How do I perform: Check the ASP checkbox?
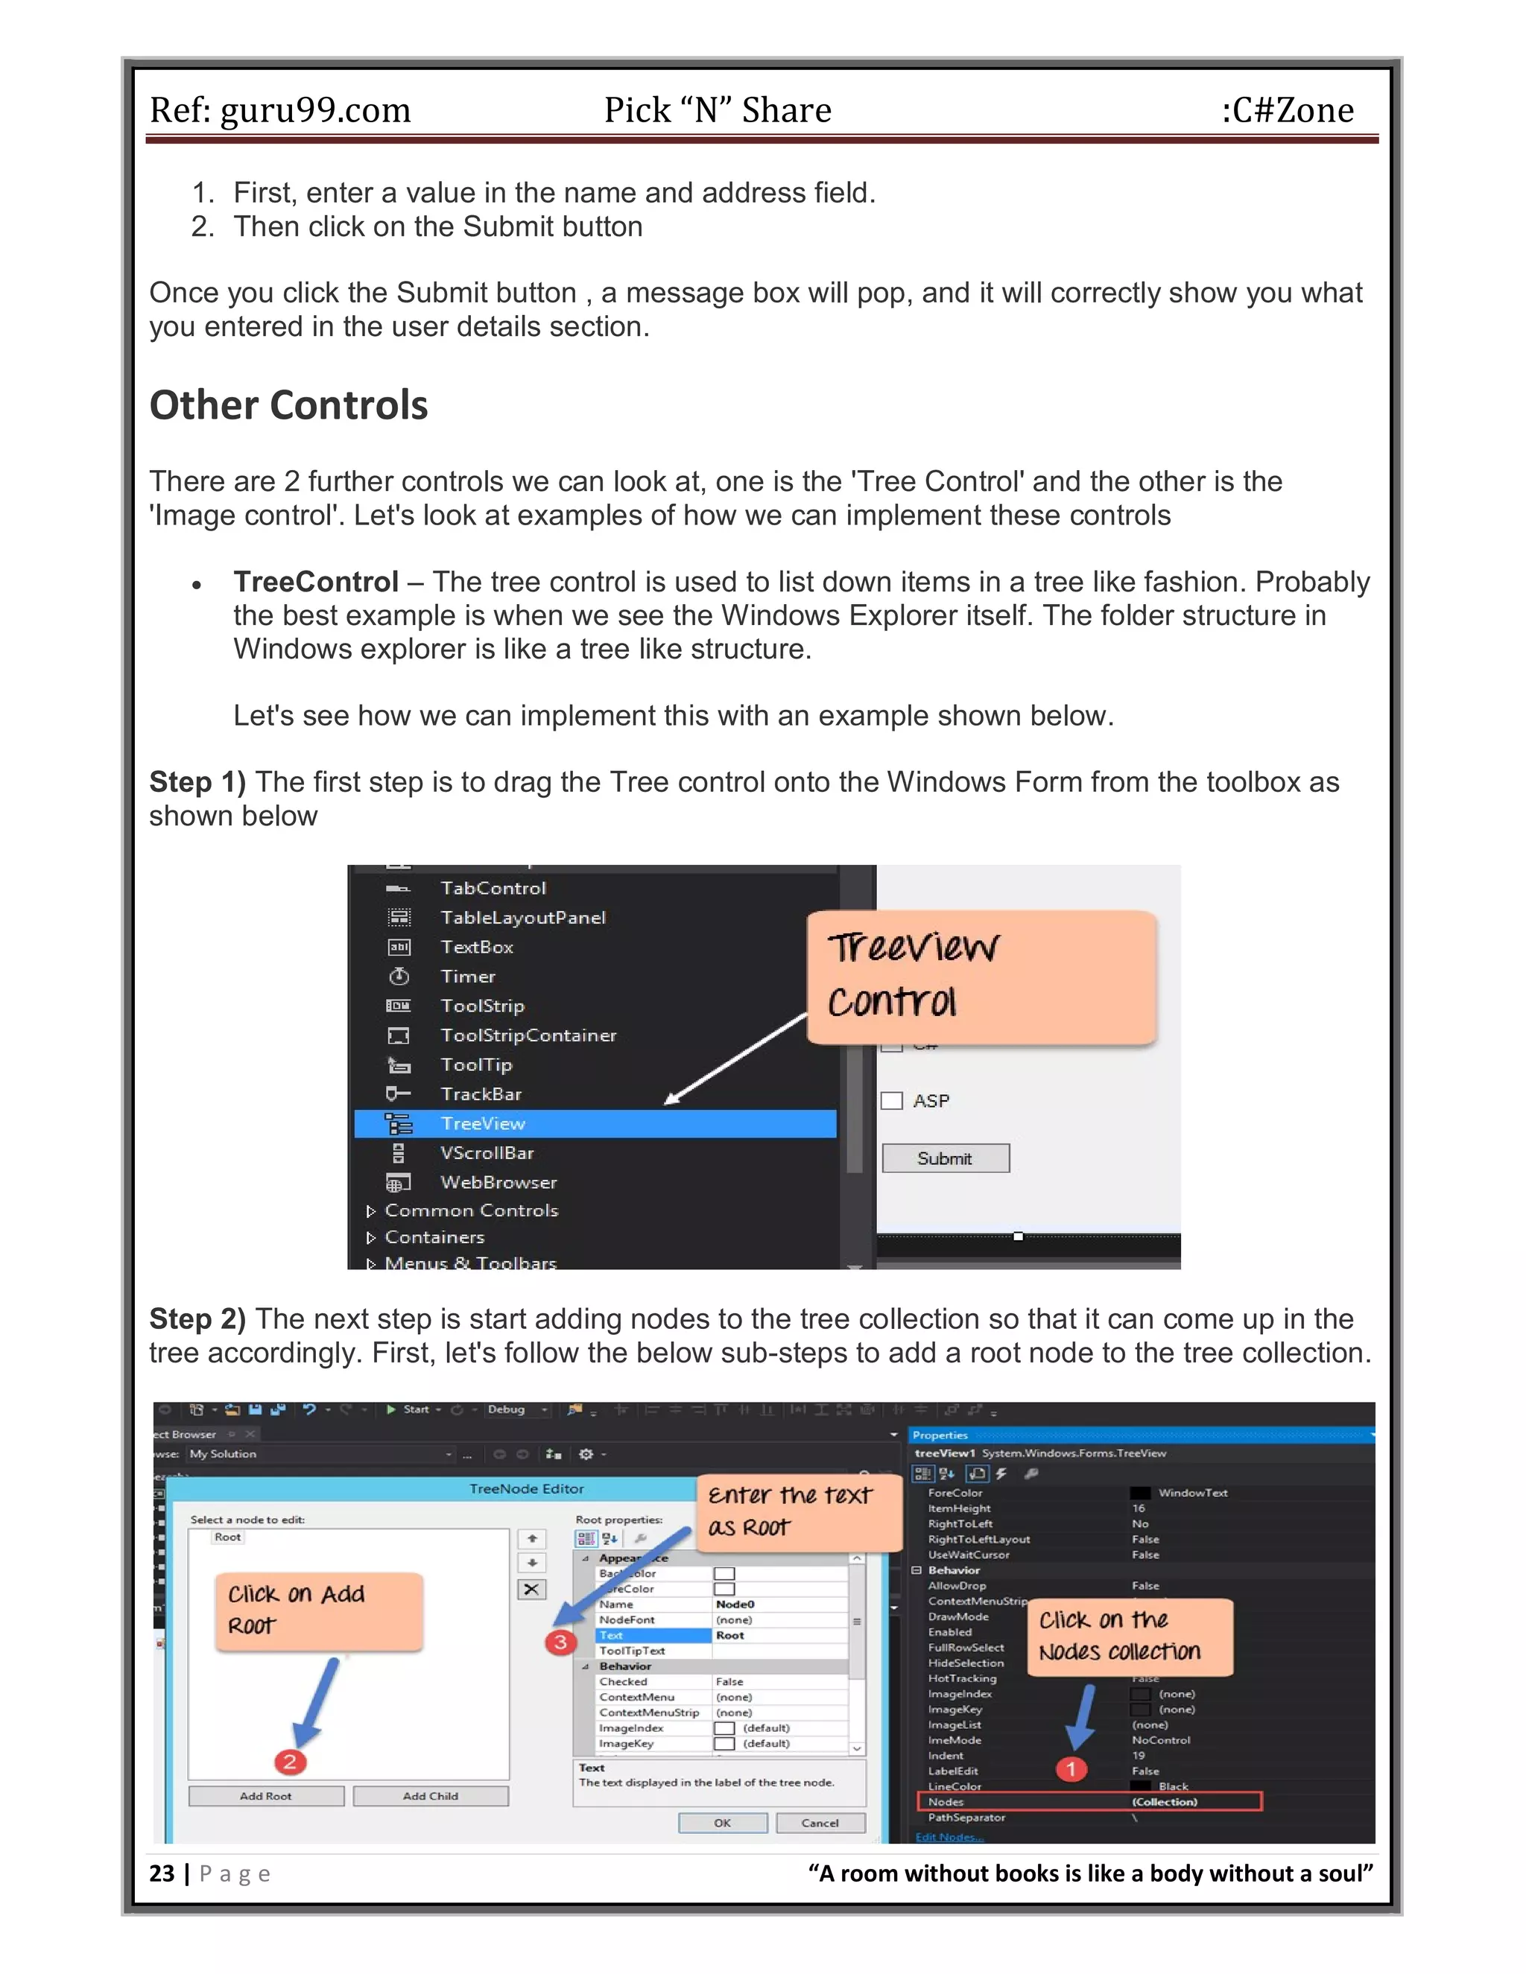(892, 1100)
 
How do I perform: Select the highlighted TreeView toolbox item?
(483, 1123)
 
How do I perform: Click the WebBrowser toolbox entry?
(498, 1182)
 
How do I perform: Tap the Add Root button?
(266, 1796)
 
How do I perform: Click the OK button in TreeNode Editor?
(722, 1823)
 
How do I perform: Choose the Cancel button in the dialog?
(820, 1823)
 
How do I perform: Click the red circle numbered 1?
(1071, 1769)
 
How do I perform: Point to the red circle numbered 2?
(290, 1761)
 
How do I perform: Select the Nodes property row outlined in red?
(1089, 1801)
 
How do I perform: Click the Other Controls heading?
(288, 405)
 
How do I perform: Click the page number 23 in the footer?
(162, 1873)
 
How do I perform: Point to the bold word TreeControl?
(315, 581)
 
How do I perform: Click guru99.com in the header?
(315, 110)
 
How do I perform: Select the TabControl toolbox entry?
(493, 889)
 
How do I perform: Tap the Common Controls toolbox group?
(471, 1210)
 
